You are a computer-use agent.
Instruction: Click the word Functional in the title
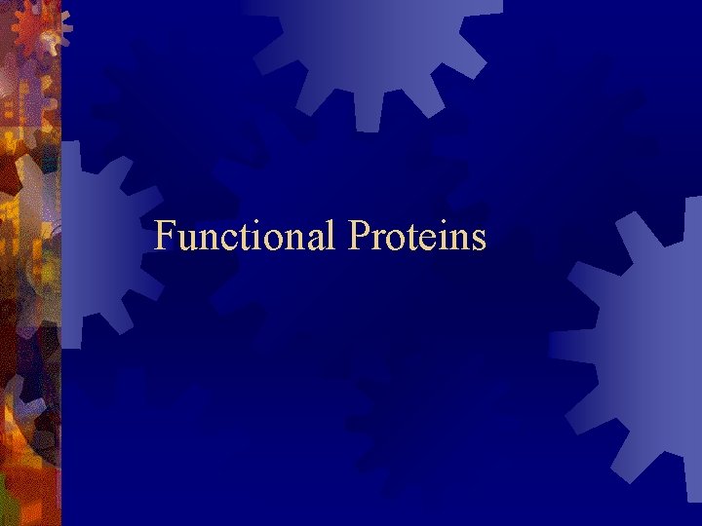(245, 237)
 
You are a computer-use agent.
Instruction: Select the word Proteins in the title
(416, 237)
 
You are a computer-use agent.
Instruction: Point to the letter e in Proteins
(427, 241)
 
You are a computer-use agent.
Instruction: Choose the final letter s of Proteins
(478, 241)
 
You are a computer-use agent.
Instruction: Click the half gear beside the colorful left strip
(97, 244)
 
